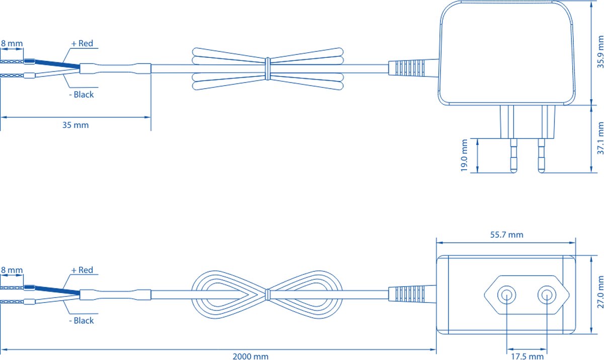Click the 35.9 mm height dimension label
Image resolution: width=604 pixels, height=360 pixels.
point(599,52)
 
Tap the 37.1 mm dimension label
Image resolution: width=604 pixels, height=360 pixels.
point(599,138)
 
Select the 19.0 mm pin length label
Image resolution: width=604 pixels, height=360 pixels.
point(464,156)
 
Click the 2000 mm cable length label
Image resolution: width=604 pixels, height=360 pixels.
point(250,356)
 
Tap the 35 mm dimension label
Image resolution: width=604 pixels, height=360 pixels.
point(75,125)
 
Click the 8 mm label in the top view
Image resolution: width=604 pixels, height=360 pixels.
point(11,44)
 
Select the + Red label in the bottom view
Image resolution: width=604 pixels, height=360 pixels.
point(82,270)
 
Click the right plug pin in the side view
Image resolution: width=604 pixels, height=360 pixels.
point(542,156)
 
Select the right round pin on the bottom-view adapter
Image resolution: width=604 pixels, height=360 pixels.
point(546,295)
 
